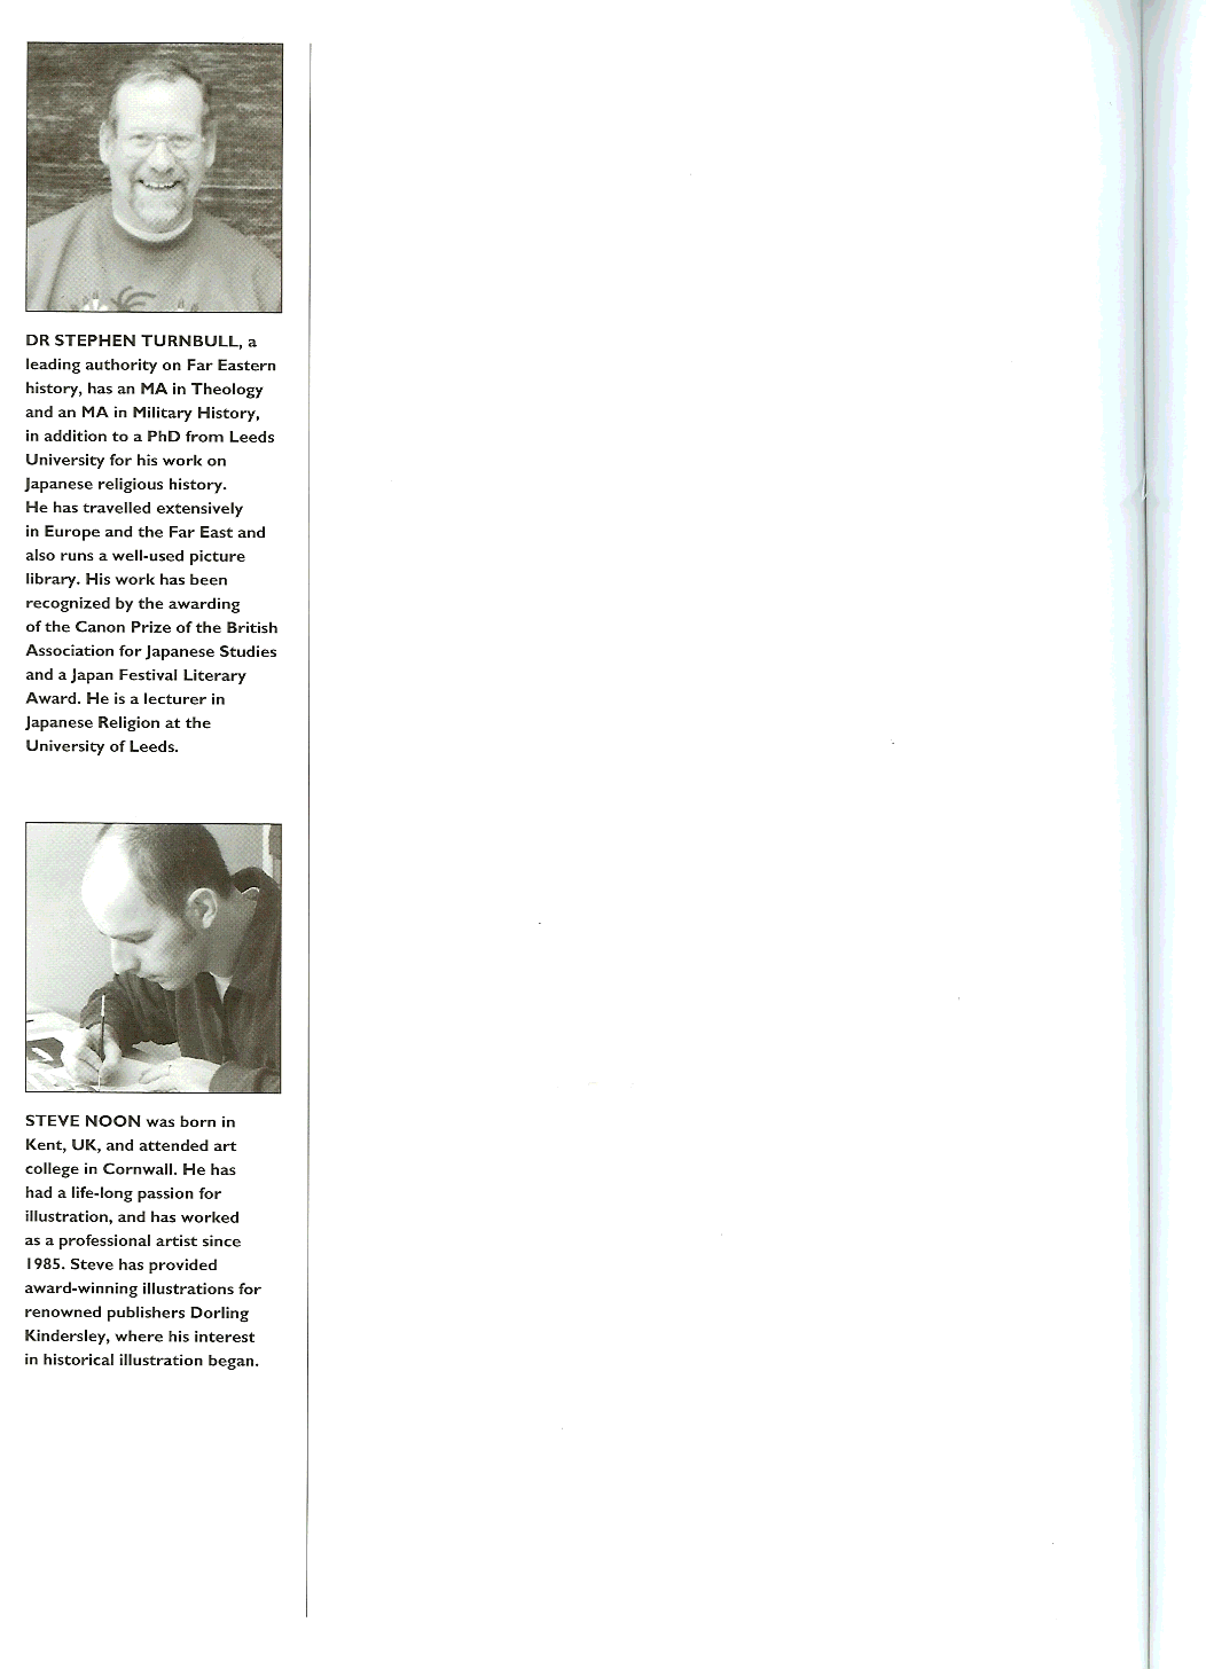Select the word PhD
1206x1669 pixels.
[x=163, y=436]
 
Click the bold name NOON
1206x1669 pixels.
[x=112, y=1122]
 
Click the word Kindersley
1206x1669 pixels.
[x=65, y=1337]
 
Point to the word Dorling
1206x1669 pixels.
[x=220, y=1313]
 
